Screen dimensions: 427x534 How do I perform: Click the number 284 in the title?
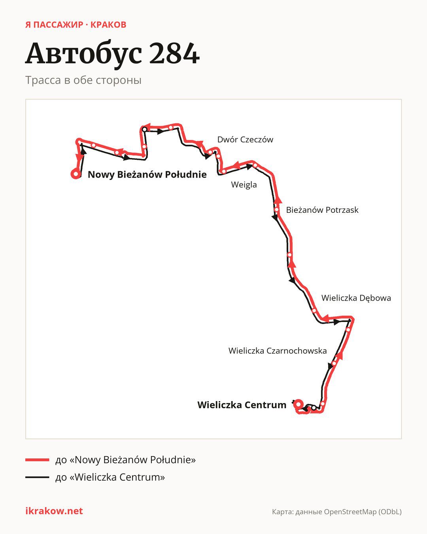click(174, 53)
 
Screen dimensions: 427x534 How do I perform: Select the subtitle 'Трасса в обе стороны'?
click(83, 80)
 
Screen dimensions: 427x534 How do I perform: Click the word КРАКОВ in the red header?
click(108, 25)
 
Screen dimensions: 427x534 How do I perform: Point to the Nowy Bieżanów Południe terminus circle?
click(76, 174)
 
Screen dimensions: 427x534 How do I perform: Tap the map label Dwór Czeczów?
click(245, 140)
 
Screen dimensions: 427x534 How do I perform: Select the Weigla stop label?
click(244, 185)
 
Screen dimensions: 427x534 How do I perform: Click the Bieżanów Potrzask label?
click(322, 210)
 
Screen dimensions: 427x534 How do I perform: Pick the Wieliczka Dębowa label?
click(356, 298)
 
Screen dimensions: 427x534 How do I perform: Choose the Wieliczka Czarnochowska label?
click(278, 351)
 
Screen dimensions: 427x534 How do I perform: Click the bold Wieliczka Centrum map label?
click(242, 405)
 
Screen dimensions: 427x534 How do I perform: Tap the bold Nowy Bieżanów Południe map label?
click(147, 174)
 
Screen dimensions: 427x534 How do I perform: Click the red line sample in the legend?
click(37, 460)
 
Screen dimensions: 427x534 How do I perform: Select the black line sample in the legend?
click(37, 477)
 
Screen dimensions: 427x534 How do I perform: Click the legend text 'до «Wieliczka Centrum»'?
click(110, 477)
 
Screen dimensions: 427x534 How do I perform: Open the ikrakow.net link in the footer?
click(54, 511)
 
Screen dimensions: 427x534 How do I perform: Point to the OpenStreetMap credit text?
click(337, 512)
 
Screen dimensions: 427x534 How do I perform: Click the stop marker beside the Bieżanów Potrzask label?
click(276, 210)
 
